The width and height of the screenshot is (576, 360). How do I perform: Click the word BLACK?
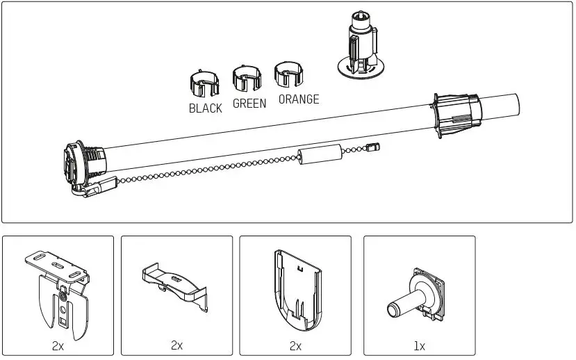(206, 108)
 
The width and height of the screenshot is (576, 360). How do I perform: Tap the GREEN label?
(249, 104)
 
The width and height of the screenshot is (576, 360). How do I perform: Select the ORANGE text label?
(299, 99)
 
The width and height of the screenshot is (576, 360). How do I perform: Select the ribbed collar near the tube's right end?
(457, 114)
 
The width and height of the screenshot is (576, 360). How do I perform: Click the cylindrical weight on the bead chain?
(318, 155)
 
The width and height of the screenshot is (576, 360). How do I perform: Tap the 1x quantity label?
(419, 345)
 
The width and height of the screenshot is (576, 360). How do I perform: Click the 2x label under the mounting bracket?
(58, 345)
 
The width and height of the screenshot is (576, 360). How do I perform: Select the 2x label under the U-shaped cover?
(296, 345)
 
